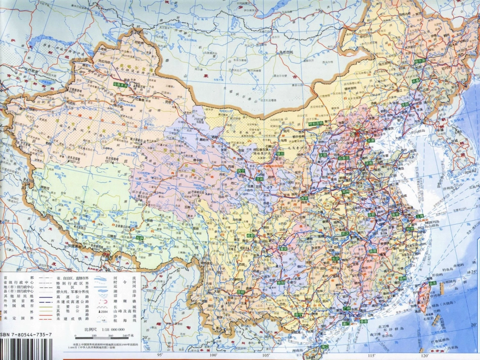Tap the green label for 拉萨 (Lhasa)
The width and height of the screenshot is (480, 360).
[x=139, y=237]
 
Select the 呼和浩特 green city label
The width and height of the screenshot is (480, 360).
[x=315, y=122]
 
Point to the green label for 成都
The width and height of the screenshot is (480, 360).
[x=251, y=235]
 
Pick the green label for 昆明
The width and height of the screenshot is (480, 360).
[x=241, y=292]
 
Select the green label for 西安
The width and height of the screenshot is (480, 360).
[x=304, y=198]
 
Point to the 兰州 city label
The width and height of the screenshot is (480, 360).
[x=260, y=178]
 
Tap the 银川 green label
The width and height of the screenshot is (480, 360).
[x=279, y=153]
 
